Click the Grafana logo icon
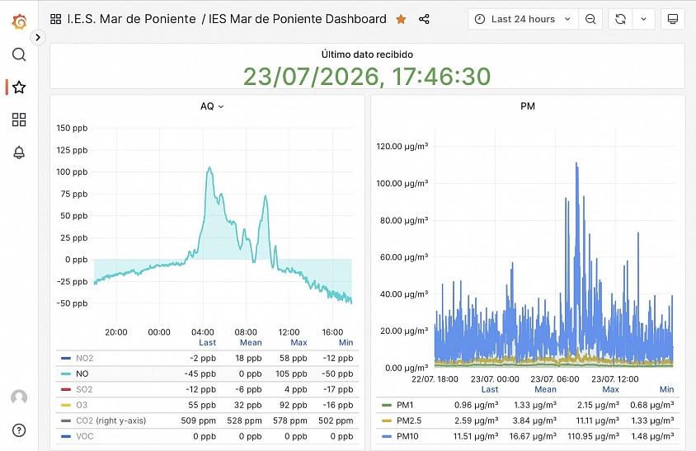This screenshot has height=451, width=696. coord(19,21)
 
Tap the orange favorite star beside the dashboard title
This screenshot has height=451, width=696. coord(401,19)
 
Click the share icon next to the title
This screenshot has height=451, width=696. coord(424,19)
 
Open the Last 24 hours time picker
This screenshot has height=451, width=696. coord(523,19)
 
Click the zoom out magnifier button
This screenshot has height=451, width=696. coord(590,19)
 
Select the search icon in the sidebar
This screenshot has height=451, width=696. coord(19,54)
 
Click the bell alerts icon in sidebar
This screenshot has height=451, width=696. coord(19,153)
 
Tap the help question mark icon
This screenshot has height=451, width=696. coord(19,430)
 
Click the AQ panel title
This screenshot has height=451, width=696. coord(207,106)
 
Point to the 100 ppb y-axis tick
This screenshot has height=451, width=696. coord(72,171)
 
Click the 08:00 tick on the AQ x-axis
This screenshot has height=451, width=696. coord(246,332)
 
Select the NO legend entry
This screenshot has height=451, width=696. coord(82,373)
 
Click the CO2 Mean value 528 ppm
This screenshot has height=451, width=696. coord(244,420)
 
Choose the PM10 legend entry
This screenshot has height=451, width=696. coord(407,436)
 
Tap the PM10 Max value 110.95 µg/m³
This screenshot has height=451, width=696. coord(593,436)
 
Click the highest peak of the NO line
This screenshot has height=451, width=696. coord(209,168)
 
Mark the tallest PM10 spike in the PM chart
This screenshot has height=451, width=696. coord(576,163)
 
